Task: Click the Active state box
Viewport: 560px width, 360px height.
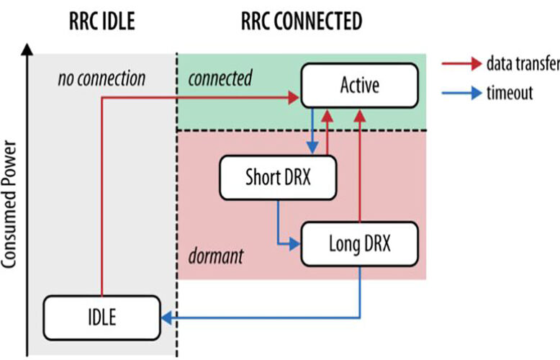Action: click(360, 86)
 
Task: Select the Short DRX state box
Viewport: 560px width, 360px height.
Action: click(278, 178)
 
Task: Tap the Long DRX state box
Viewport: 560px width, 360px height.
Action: click(360, 244)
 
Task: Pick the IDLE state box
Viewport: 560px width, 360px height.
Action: click(101, 318)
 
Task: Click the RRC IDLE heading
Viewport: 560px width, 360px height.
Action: click(101, 21)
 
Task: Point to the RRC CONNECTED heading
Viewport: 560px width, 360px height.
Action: click(302, 21)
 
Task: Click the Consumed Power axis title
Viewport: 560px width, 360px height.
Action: click(9, 204)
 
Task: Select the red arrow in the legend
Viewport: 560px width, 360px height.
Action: click(462, 64)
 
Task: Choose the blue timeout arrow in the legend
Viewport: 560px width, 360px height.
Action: click(462, 93)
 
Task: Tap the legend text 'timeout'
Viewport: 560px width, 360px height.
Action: click(510, 93)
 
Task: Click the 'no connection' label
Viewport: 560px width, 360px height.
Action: click(101, 78)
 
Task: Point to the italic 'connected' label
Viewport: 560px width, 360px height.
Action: click(220, 78)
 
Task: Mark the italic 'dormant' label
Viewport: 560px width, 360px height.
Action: click(216, 256)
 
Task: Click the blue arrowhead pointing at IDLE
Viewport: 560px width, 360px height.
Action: click(167, 318)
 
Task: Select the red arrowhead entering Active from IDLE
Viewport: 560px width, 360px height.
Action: click(294, 97)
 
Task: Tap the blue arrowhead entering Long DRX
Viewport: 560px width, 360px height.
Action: click(294, 244)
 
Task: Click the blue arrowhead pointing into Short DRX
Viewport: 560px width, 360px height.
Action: click(312, 148)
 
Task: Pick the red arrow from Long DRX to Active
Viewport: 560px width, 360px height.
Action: click(360, 166)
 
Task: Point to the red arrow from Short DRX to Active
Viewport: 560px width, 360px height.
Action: click(327, 132)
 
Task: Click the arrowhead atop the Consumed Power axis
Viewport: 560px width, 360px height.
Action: click(27, 49)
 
